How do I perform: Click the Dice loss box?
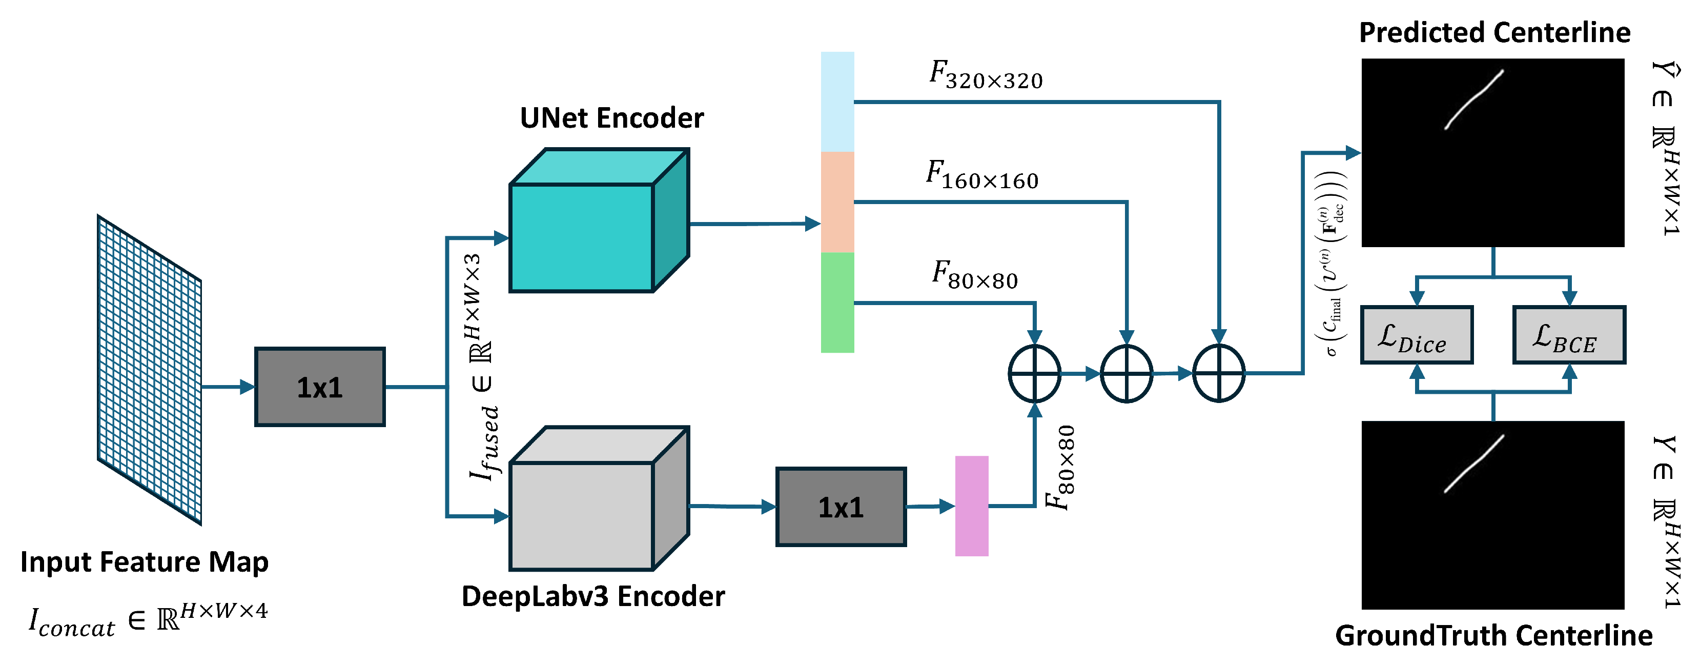1416,335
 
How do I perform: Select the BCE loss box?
1569,335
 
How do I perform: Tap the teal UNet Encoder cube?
599,220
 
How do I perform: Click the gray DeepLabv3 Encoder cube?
599,498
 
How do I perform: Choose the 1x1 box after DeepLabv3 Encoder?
841,507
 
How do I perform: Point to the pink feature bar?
971,506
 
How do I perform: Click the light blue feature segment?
837,102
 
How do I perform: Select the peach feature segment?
837,202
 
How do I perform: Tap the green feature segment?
837,303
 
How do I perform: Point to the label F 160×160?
982,175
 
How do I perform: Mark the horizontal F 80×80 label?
975,275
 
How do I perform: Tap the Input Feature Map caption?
145,561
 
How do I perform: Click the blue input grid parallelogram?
150,370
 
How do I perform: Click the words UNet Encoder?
612,117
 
